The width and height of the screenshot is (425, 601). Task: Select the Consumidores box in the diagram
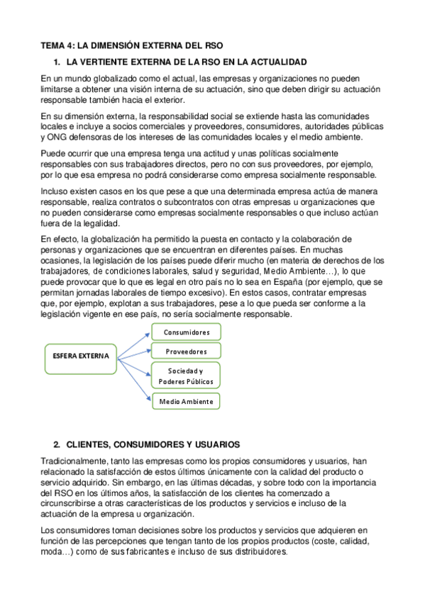[187, 332]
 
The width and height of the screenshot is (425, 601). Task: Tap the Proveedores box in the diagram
[187, 352]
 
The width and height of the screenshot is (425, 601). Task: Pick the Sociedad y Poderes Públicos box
[185, 376]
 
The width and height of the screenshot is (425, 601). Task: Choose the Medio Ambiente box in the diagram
[186, 402]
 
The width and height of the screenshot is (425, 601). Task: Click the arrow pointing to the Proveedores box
[134, 352]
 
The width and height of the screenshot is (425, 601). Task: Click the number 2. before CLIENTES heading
[57, 444]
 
